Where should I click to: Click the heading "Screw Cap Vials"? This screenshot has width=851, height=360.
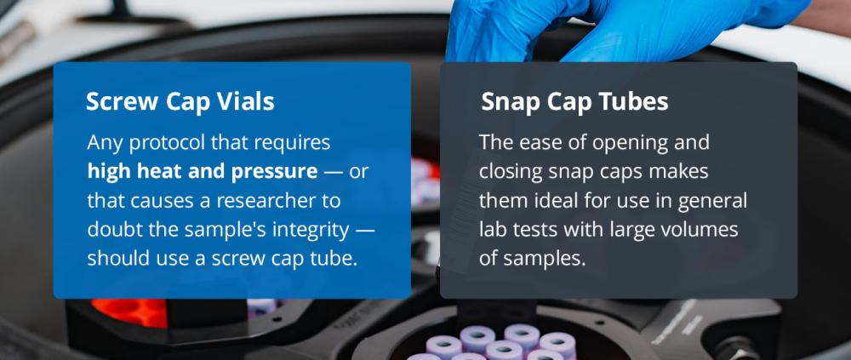point(180,101)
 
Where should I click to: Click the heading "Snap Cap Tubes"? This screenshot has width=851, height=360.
point(574,101)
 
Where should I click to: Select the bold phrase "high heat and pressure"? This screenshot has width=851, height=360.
point(203,172)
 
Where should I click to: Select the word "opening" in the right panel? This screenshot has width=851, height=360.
point(630,144)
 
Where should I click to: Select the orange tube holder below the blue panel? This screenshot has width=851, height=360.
point(130,312)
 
